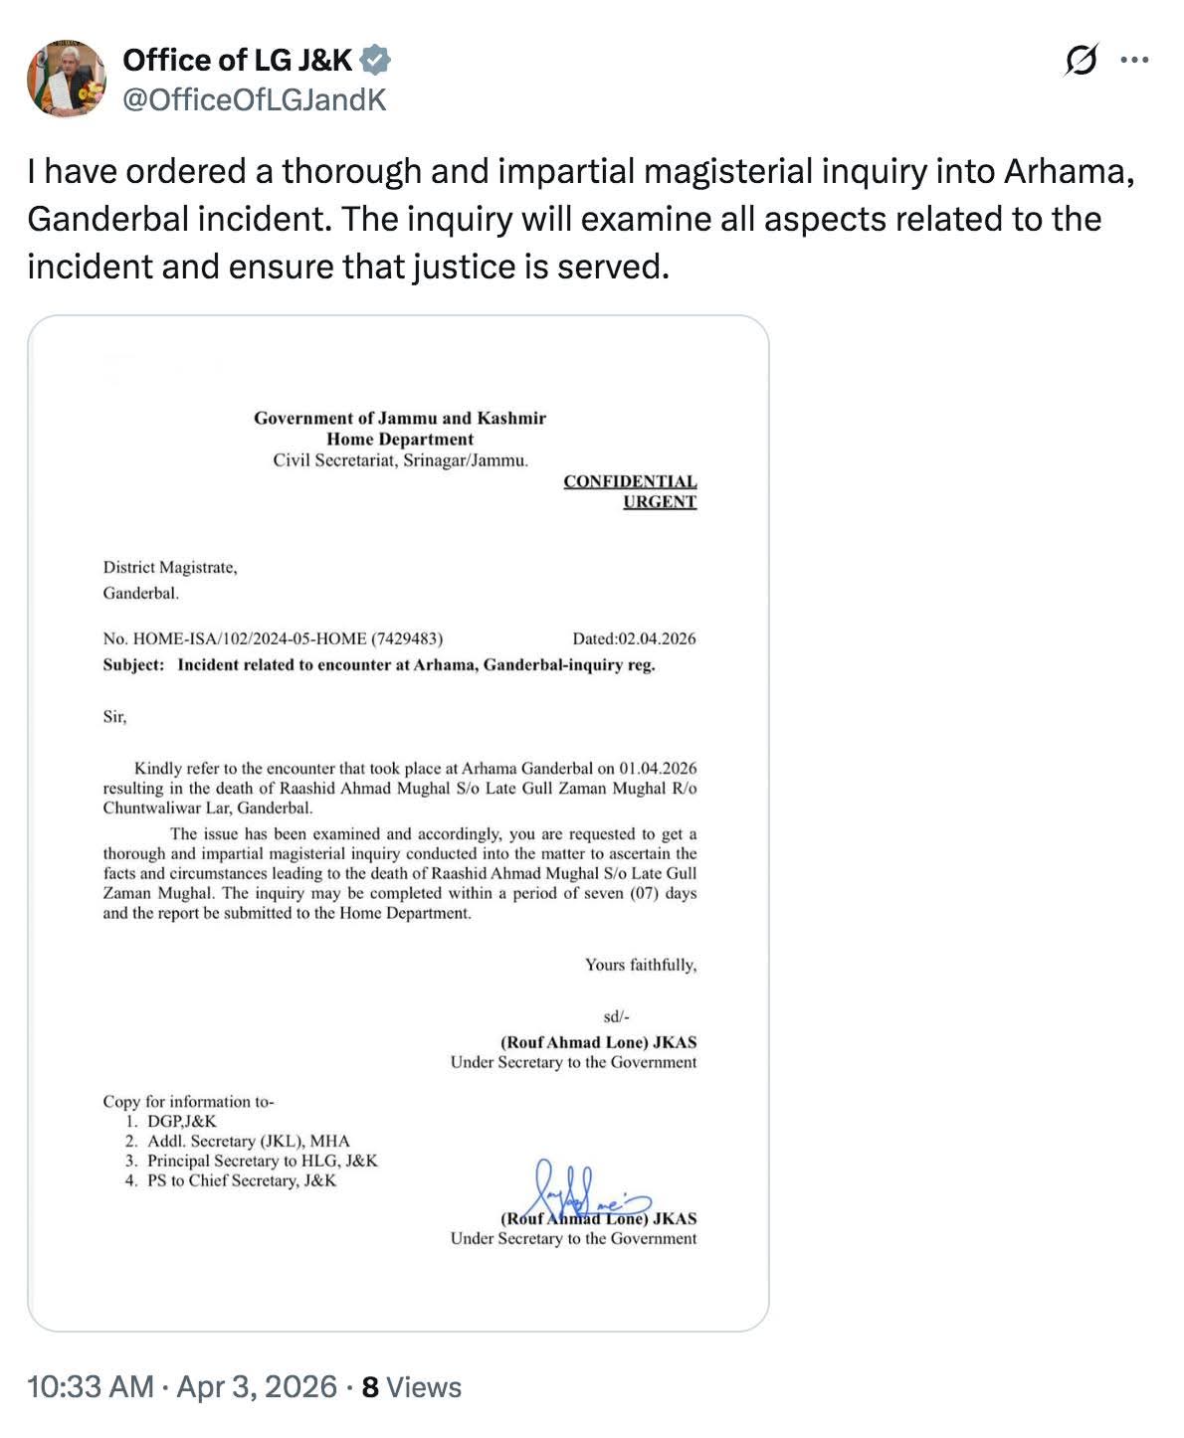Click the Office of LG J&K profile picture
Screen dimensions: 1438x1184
(x=67, y=79)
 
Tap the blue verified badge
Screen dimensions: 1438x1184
(x=374, y=61)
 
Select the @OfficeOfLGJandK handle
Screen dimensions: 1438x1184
(x=254, y=99)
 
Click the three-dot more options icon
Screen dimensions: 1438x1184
(x=1134, y=61)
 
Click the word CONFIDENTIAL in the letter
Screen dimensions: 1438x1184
(x=630, y=481)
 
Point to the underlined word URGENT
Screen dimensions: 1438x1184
(x=660, y=502)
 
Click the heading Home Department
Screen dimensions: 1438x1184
(x=400, y=440)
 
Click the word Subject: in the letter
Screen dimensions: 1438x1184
(x=133, y=665)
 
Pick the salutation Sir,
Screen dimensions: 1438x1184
(x=115, y=716)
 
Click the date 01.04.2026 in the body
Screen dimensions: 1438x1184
(x=658, y=768)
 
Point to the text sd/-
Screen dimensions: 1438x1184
(x=617, y=1016)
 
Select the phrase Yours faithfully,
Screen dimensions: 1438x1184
(x=641, y=965)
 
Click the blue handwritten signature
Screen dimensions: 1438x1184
(x=587, y=1189)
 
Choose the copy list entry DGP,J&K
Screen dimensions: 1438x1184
(x=182, y=1122)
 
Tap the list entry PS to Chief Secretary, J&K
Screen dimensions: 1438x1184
(x=242, y=1181)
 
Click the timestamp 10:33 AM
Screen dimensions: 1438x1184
(x=91, y=1387)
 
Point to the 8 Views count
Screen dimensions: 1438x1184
(x=411, y=1387)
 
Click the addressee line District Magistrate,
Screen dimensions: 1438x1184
(x=170, y=568)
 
